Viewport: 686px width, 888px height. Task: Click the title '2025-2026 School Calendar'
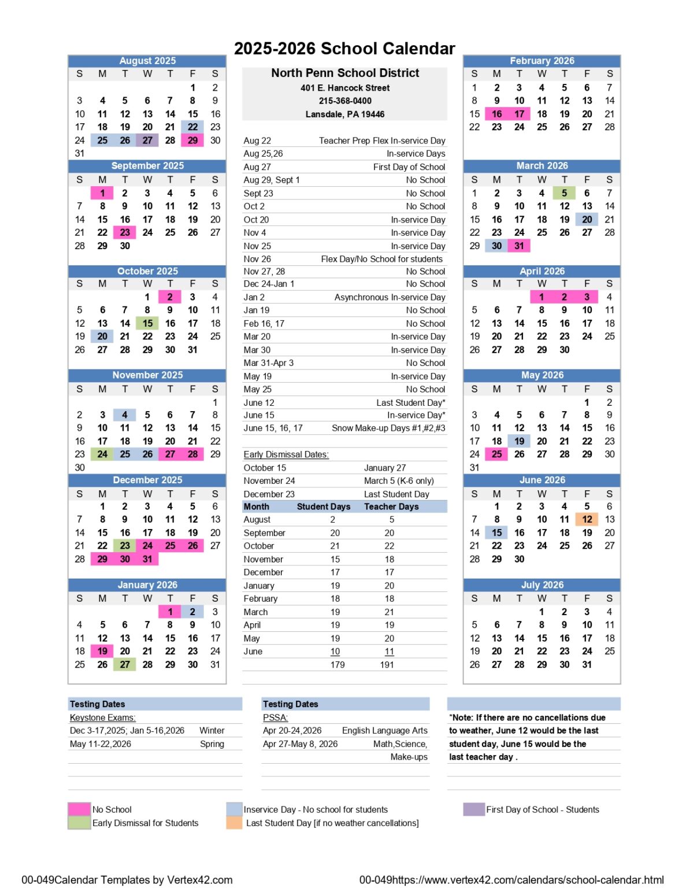[x=344, y=49]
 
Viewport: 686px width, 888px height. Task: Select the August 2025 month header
[x=147, y=61]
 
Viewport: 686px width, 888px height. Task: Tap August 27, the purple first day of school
[x=147, y=140]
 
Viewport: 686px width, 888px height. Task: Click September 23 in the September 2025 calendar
[x=125, y=232]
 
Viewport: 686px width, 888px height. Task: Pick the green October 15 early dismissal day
[x=147, y=324]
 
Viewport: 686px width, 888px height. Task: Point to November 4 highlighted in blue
[x=125, y=415]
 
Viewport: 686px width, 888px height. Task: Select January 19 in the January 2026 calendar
[x=102, y=651]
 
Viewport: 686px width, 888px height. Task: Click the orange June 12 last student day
[x=587, y=519]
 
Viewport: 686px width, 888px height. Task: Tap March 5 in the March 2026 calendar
[x=564, y=193]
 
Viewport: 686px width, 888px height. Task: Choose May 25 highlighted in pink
[x=496, y=454]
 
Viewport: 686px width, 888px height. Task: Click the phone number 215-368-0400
[x=345, y=101]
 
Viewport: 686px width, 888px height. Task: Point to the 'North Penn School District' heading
[x=345, y=73]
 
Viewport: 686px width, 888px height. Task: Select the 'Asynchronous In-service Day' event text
[x=390, y=297]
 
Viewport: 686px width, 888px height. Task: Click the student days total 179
[x=338, y=665]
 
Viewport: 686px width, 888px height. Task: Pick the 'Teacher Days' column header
[x=391, y=506]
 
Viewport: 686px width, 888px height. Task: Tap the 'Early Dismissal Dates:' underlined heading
[x=286, y=454]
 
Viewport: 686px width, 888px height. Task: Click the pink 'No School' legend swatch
[x=79, y=809]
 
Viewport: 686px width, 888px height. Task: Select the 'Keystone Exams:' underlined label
[x=103, y=717]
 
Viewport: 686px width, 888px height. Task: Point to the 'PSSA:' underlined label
[x=275, y=717]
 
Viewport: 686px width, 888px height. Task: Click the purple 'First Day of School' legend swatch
[x=474, y=809]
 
